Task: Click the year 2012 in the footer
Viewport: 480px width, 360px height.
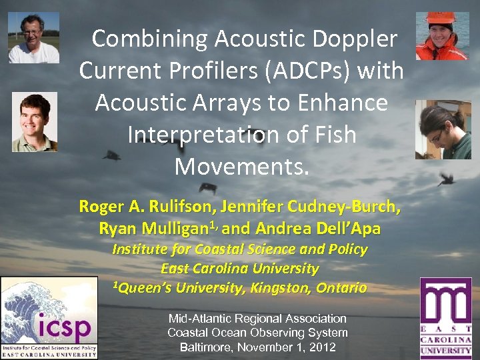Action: pyautogui.click(x=321, y=347)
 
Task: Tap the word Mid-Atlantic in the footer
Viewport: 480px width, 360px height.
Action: pyautogui.click(x=197, y=319)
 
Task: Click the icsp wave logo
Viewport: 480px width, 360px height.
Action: pyautogui.click(x=49, y=318)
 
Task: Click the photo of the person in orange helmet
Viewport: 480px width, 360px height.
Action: pyautogui.click(x=442, y=36)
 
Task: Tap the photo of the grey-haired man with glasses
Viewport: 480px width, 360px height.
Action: pyautogui.click(x=33, y=37)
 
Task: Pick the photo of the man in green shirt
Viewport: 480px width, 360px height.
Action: pyautogui.click(x=35, y=122)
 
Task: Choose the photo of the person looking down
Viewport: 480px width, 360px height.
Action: pyautogui.click(x=443, y=130)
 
